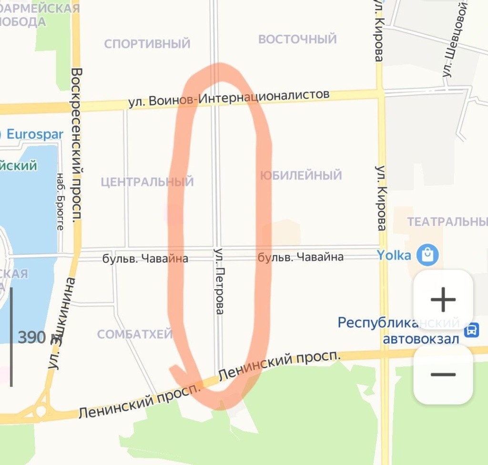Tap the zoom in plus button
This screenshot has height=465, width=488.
coord(443,299)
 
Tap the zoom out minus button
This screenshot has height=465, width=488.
coord(443,374)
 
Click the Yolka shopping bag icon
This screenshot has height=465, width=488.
coord(427,255)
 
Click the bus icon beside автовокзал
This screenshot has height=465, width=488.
coord(471,330)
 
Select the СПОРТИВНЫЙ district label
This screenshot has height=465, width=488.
coord(147,44)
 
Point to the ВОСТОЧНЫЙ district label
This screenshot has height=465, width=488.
coord(297,39)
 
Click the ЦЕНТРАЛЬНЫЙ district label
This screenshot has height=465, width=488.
coord(147,182)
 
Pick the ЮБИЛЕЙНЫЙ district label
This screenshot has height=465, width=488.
coord(301,175)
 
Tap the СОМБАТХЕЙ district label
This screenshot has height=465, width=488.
coord(135,334)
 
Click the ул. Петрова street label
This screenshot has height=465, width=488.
coord(219,281)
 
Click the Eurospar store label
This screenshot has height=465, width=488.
coord(34,134)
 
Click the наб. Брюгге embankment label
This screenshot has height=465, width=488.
coord(60,201)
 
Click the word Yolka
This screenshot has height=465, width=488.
coord(394,255)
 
